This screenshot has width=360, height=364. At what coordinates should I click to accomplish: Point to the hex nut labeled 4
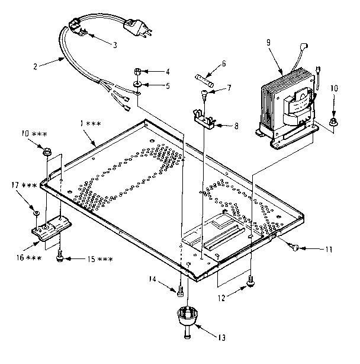[136, 72]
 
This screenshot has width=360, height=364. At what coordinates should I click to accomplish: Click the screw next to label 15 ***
[60, 256]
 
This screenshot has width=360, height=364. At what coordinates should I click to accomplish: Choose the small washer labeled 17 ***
[37, 212]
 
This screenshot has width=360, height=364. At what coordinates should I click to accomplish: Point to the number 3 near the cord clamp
[114, 44]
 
